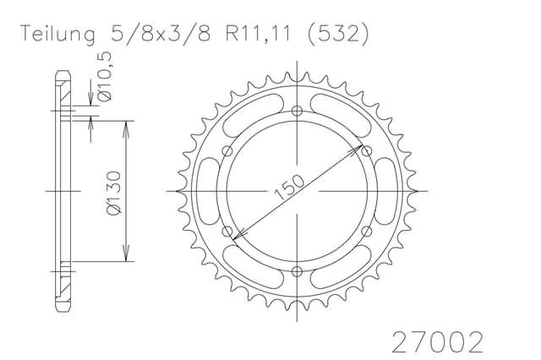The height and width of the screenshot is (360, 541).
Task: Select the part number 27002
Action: pyautogui.click(x=438, y=342)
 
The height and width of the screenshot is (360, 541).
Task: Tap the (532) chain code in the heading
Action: pyautogui.click(x=338, y=35)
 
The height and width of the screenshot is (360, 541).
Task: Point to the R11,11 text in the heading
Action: pyautogui.click(x=258, y=34)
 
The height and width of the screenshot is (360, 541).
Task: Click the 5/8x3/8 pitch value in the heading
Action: pyautogui.click(x=161, y=34)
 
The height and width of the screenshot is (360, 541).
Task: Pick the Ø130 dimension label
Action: pyautogui.click(x=114, y=194)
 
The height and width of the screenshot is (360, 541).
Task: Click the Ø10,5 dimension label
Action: pyautogui.click(x=105, y=76)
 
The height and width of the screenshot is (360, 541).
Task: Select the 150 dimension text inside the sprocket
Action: pyautogui.click(x=289, y=188)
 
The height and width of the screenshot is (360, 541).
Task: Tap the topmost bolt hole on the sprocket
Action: pyautogui.click(x=297, y=111)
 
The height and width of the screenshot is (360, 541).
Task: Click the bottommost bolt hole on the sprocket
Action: pyautogui.click(x=297, y=271)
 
